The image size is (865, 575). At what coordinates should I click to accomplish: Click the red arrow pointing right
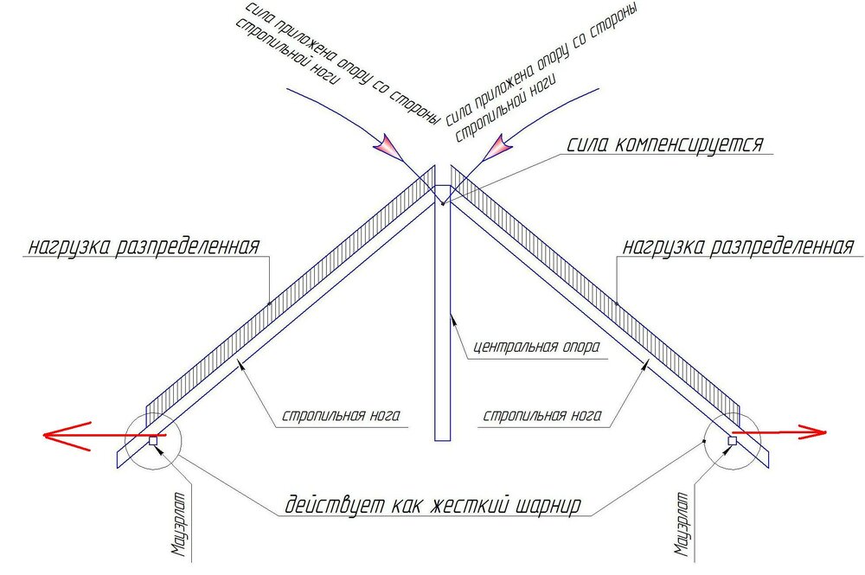coord(779,433)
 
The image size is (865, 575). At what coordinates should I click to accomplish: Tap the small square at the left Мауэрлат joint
coord(153,440)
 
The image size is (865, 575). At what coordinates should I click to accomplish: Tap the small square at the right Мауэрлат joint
coord(732,440)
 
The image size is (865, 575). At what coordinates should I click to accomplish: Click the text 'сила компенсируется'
coord(665,144)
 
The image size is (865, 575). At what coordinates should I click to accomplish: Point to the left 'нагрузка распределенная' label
coord(144,246)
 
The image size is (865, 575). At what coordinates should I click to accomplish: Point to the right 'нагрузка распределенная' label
coord(738,246)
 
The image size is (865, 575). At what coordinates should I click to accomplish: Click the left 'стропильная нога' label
coord(341,415)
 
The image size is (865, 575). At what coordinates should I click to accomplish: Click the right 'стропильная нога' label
coord(542,415)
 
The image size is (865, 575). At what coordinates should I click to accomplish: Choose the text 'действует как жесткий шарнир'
coord(433,505)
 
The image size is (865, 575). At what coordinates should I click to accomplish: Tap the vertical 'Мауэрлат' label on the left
coord(179,524)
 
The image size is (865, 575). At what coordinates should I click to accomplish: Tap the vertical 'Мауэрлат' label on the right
coord(682,524)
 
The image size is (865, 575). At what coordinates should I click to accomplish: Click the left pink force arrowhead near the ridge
coord(391,146)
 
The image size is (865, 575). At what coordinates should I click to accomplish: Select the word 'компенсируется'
coord(689,144)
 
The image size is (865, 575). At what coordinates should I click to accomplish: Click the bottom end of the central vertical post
coord(442,440)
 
